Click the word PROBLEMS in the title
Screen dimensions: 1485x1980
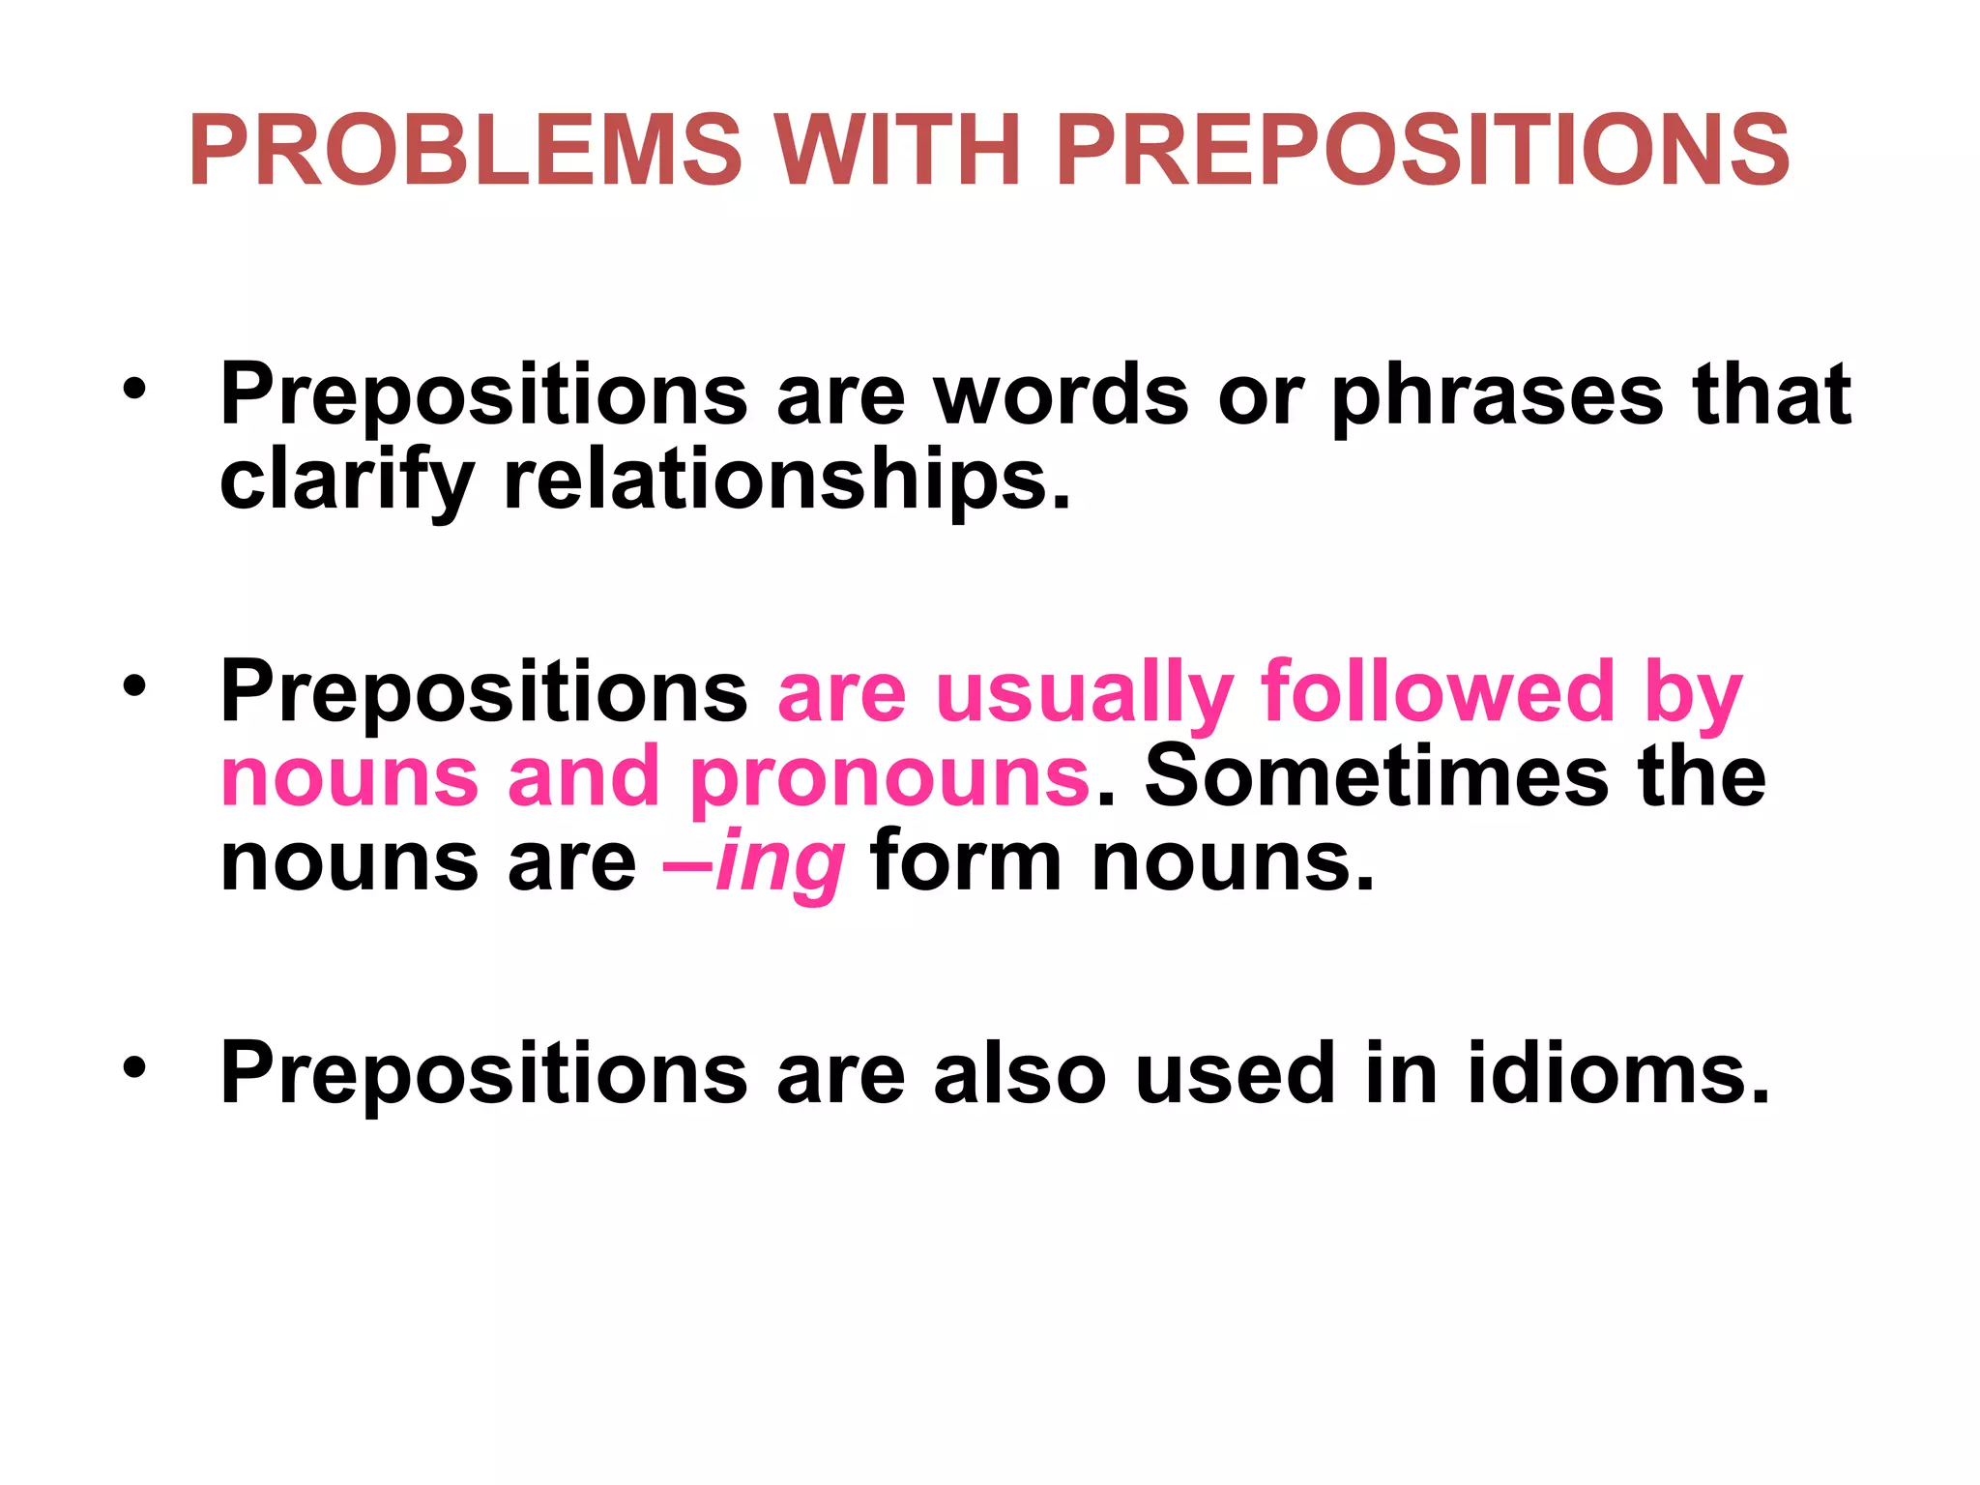click(466, 151)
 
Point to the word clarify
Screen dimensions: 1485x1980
click(347, 481)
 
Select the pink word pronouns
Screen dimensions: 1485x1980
click(890, 777)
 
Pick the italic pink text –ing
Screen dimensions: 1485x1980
click(754, 862)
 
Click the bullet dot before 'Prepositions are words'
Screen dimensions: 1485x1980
click(134, 390)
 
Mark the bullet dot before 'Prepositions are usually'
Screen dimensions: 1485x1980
click(134, 687)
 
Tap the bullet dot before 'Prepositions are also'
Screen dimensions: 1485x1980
click(134, 1067)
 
